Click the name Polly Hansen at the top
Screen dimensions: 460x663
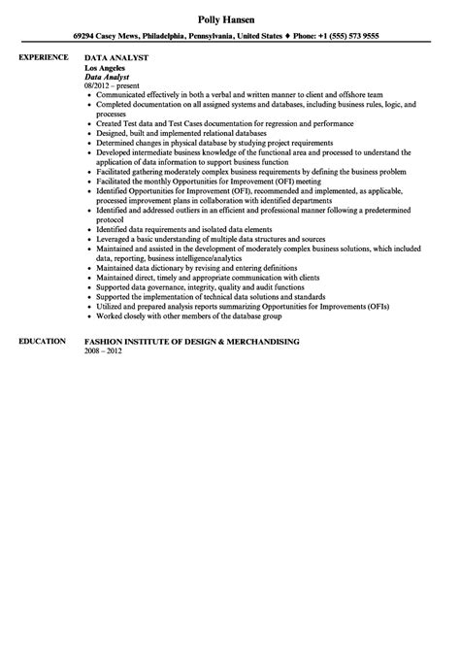click(230, 19)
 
